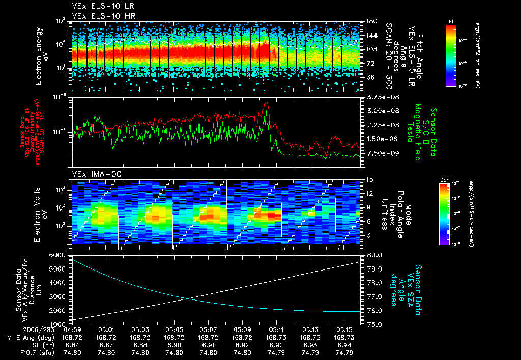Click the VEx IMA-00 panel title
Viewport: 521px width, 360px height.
coord(90,174)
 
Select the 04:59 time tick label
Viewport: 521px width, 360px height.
coord(72,329)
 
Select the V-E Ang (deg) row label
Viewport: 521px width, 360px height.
coord(27,337)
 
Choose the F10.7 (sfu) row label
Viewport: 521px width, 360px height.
coord(33,352)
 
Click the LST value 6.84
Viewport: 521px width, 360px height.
coord(72,345)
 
